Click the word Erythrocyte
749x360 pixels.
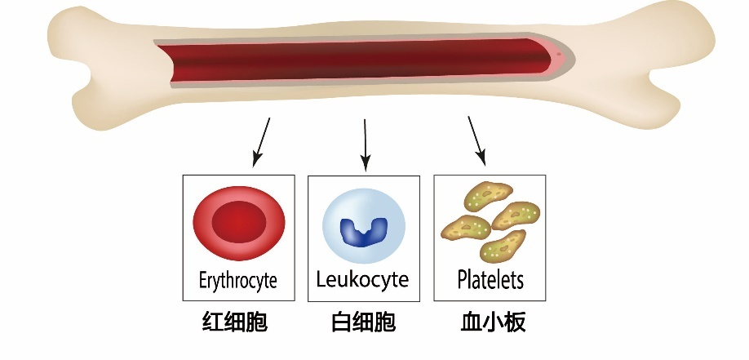(x=237, y=282)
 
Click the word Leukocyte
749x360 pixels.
(x=362, y=281)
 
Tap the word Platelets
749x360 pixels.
(x=490, y=281)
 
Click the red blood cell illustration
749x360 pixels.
(x=238, y=221)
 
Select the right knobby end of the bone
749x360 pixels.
(x=689, y=57)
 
